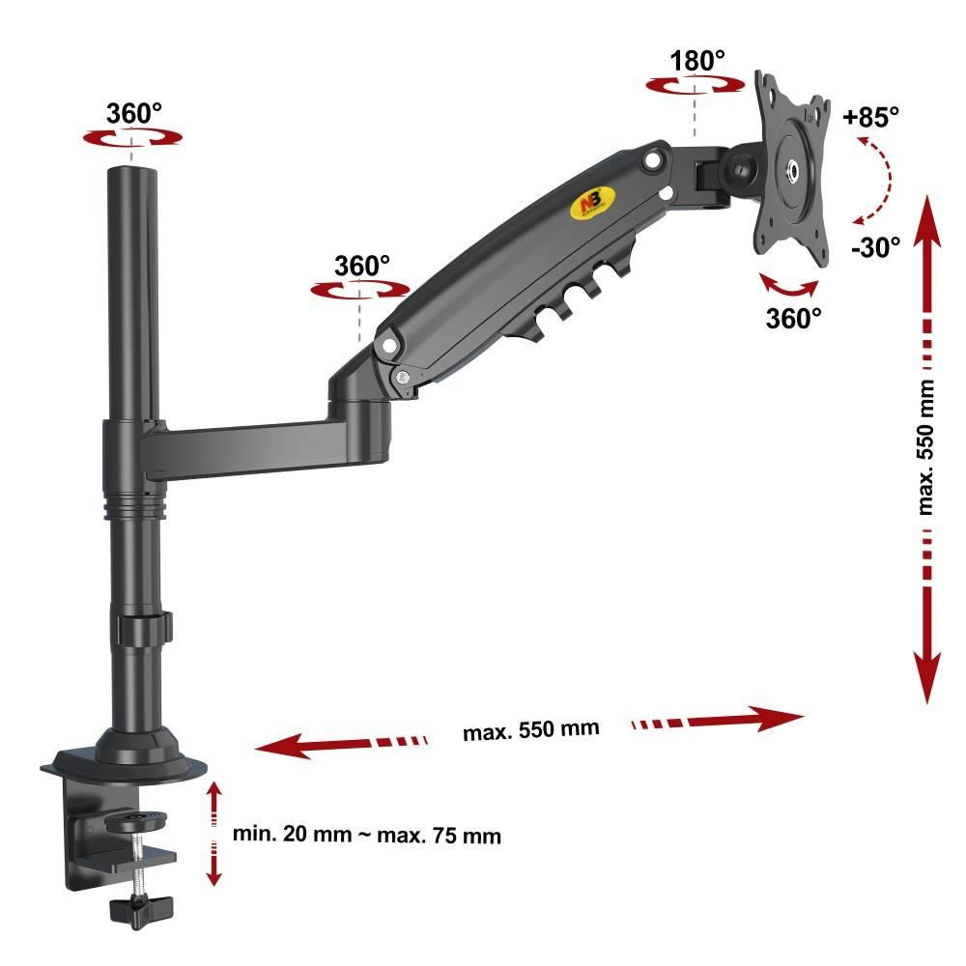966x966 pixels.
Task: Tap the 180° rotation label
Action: pyautogui.click(x=696, y=61)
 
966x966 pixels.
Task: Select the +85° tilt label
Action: pyautogui.click(x=870, y=116)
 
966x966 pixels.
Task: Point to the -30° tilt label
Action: pyautogui.click(x=875, y=247)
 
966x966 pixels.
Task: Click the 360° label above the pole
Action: pyautogui.click(x=133, y=113)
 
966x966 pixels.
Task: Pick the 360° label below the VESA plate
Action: pyautogui.click(x=793, y=319)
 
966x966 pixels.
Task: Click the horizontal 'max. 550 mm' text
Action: pyautogui.click(x=530, y=730)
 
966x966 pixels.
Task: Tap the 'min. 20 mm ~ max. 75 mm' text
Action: pyautogui.click(x=366, y=835)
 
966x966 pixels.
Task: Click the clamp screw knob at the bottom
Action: pyautogui.click(x=141, y=910)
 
